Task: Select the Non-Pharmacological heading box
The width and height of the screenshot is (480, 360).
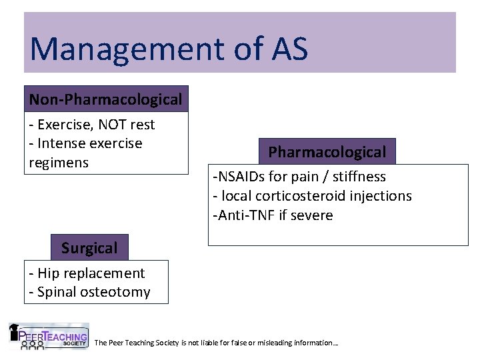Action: click(106, 99)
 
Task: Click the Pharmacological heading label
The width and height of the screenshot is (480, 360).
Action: click(327, 152)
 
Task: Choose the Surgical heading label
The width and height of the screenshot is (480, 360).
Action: click(89, 248)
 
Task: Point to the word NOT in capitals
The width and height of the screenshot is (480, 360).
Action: click(106, 125)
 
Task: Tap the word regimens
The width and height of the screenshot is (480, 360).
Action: click(59, 163)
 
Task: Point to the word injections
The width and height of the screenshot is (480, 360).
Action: click(381, 196)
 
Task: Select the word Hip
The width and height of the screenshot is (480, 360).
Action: click(49, 273)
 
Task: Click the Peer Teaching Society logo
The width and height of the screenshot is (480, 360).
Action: click(48, 337)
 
